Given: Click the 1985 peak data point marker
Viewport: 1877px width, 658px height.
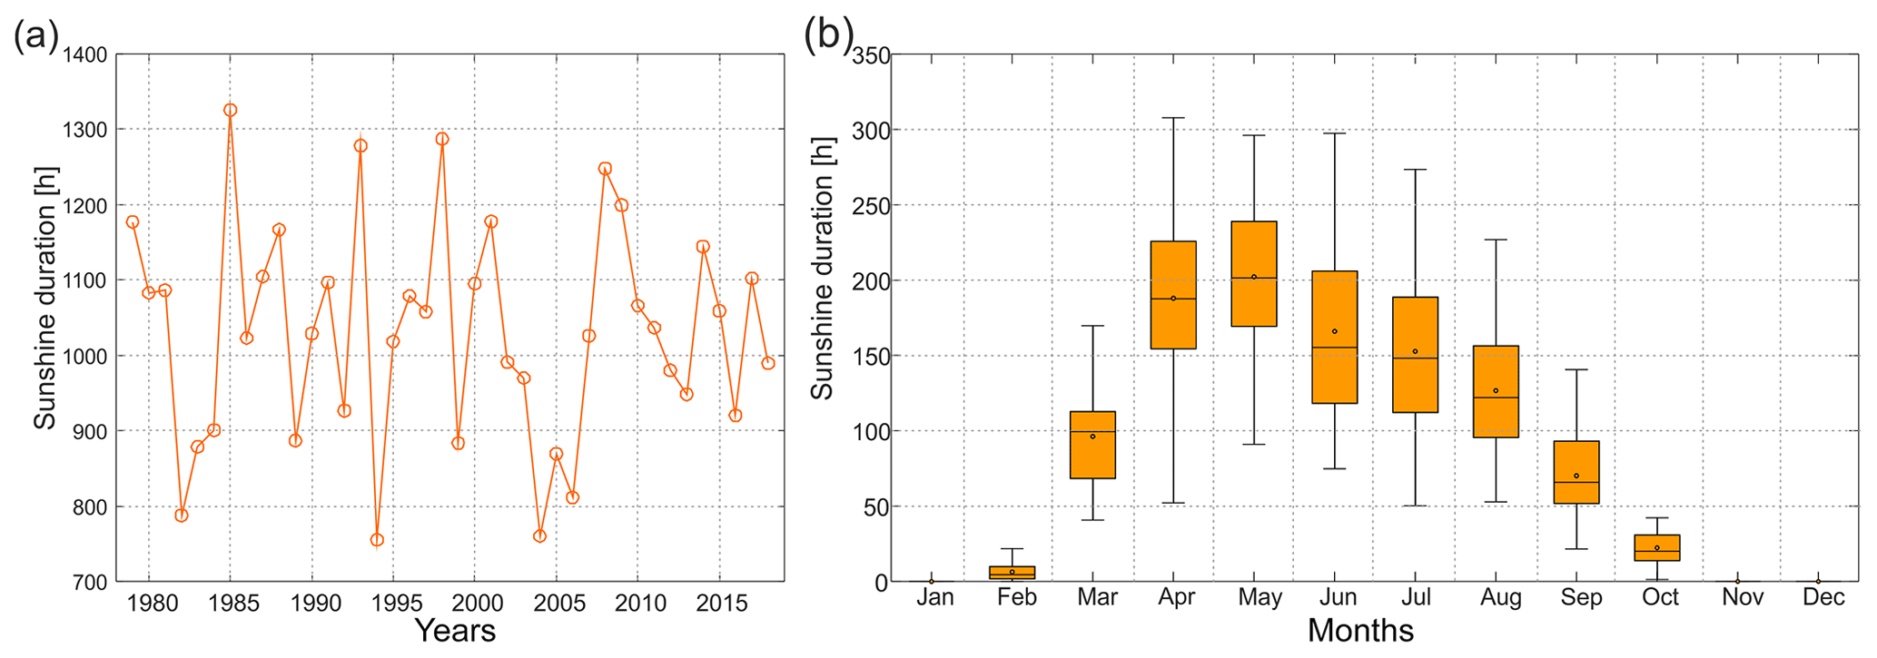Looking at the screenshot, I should click(231, 110).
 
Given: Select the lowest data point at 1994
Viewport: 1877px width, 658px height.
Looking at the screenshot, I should click(377, 540).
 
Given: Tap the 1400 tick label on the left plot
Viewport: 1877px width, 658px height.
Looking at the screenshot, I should click(85, 55).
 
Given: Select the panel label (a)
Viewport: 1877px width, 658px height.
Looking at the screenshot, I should click(36, 37).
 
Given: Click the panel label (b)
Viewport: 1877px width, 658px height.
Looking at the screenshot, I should click(828, 35).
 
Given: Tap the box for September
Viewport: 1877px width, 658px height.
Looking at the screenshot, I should click(1576, 472).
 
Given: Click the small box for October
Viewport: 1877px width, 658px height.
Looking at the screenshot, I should click(1657, 547).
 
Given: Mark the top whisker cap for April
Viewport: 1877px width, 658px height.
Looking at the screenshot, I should click(1173, 118).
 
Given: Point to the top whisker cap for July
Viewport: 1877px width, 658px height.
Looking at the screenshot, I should click(1415, 170).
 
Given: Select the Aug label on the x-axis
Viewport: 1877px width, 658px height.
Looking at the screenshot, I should click(1500, 598).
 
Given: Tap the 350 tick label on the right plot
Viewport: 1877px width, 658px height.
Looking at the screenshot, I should click(871, 55).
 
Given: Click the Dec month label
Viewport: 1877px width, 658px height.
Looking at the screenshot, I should click(1823, 598).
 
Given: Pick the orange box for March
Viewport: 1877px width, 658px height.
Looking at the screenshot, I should click(1092, 445).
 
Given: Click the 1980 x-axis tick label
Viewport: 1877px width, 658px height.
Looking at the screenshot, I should click(152, 603).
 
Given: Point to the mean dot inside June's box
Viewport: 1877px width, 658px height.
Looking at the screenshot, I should click(1335, 331).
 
